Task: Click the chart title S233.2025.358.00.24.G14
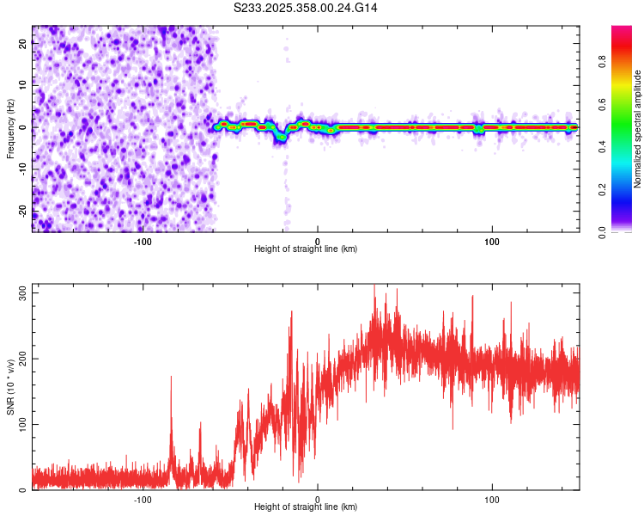coord(306,8)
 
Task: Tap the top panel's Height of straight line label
coord(306,249)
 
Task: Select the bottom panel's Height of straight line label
coord(306,507)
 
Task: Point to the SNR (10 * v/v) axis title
coord(10,387)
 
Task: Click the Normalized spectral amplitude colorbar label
coord(638,129)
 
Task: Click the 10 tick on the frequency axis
coord(23,86)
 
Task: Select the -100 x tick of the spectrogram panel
coord(143,241)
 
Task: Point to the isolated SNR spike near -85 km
coord(171,378)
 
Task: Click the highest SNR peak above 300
coord(374,287)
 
